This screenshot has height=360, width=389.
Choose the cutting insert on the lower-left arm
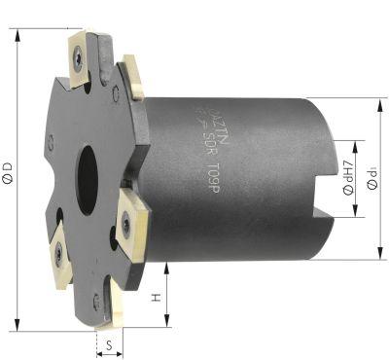click(57, 252)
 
